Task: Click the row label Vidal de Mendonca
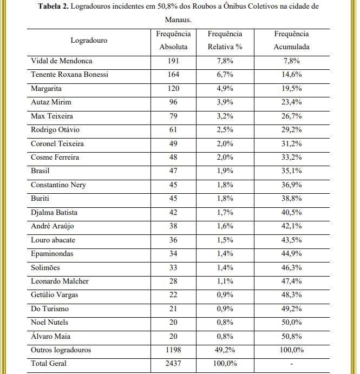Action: click(61, 61)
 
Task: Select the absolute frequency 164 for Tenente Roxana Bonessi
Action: click(173, 74)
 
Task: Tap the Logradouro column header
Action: click(89, 40)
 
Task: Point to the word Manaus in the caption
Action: click(178, 19)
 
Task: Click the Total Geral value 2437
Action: click(173, 364)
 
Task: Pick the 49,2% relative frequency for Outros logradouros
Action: click(225, 350)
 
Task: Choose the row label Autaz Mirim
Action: click(51, 102)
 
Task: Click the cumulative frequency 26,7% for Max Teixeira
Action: click(291, 116)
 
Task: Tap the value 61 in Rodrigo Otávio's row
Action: click(173, 129)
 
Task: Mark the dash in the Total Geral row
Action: click(291, 364)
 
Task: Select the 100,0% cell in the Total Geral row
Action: click(225, 364)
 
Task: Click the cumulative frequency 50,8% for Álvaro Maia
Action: click(291, 336)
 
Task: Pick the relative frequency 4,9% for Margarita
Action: click(225, 88)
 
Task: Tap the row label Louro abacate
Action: click(53, 240)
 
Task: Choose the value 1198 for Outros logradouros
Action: click(173, 350)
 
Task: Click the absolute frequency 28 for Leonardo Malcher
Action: click(173, 281)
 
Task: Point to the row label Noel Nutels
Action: click(50, 323)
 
